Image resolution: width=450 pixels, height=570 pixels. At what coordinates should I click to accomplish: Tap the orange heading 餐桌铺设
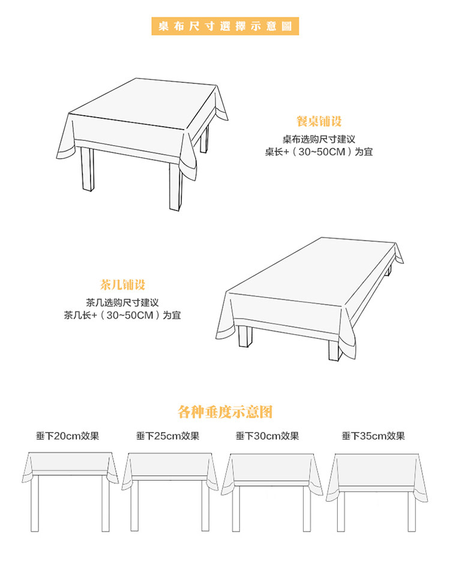(x=319, y=122)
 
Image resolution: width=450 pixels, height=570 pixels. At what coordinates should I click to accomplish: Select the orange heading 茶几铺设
(x=122, y=284)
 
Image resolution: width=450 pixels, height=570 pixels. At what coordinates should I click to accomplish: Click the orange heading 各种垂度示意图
(x=225, y=412)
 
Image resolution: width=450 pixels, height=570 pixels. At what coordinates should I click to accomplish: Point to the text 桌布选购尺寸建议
(x=319, y=139)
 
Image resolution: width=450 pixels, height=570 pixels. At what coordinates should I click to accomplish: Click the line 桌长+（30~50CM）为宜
(x=319, y=152)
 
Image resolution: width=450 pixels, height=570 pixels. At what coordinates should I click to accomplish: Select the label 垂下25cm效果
(x=167, y=436)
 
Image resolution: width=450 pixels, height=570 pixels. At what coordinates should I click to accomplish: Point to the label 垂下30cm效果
(x=267, y=436)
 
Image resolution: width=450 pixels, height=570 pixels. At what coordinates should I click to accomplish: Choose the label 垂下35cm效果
(x=373, y=436)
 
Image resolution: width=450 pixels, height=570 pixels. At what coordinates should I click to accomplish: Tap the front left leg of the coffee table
(x=245, y=335)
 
